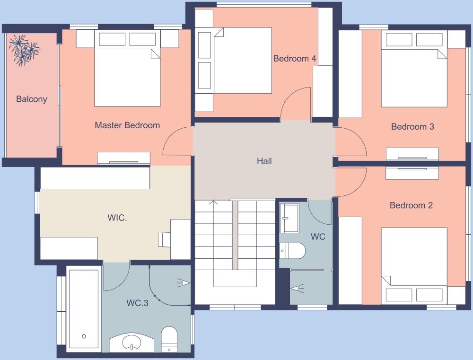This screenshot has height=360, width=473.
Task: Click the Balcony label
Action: click(x=32, y=99)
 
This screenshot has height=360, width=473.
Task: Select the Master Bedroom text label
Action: click(x=127, y=125)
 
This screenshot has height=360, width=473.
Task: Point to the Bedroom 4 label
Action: click(x=295, y=59)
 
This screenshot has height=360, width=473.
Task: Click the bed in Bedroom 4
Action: click(x=242, y=61)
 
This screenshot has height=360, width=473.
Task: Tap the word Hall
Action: click(x=264, y=161)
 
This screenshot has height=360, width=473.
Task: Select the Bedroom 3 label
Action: click(x=412, y=127)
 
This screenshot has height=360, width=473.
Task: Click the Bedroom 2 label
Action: click(x=411, y=205)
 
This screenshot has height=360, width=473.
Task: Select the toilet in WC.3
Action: click(x=169, y=339)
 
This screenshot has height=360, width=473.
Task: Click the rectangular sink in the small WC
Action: click(x=289, y=218)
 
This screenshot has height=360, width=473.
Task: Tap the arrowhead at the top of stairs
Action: click(x=213, y=203)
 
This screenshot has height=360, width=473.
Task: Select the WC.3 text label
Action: click(x=137, y=303)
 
